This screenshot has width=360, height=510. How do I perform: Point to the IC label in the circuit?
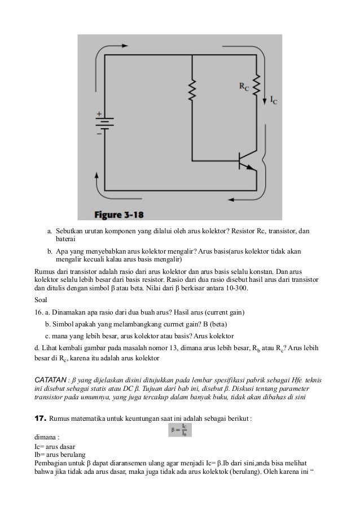point(274,101)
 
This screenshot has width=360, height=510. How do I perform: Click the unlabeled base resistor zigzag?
point(192,88)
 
